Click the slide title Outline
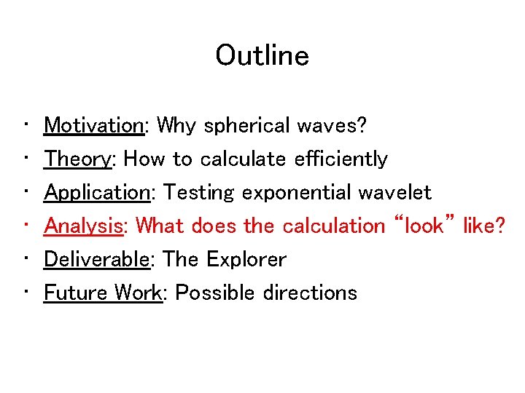click(x=262, y=55)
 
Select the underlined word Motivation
click(x=94, y=125)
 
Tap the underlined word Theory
click(x=77, y=159)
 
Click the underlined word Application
click(x=97, y=193)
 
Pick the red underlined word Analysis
click(x=83, y=226)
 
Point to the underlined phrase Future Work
click(x=102, y=293)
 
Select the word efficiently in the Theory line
click(x=341, y=159)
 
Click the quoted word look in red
click(x=424, y=226)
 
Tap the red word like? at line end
click(x=484, y=226)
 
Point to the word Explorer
click(x=246, y=259)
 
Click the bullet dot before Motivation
click(x=26, y=125)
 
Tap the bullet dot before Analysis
click(x=26, y=226)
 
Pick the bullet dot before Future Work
click(x=26, y=293)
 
